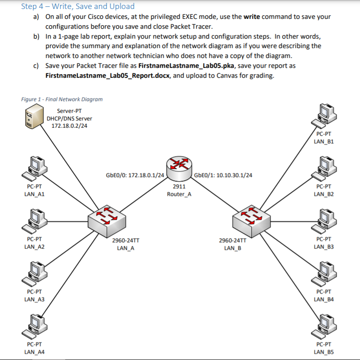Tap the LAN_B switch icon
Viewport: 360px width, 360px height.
[x=251, y=219]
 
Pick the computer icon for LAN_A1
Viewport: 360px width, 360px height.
[x=35, y=167]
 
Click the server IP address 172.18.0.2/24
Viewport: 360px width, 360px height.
[x=69, y=125]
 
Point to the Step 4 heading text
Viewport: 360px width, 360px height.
[x=78, y=6]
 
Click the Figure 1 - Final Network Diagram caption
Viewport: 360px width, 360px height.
[x=62, y=99]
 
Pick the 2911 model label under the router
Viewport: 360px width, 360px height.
[x=179, y=187]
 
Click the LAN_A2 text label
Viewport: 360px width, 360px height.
[x=34, y=247]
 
